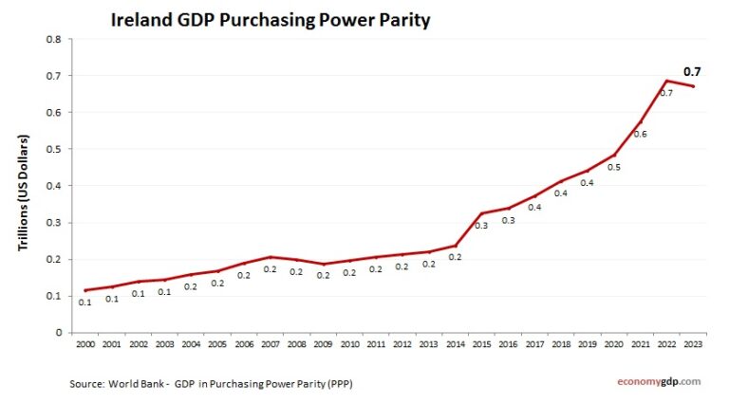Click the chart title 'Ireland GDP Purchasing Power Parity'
pos(271,19)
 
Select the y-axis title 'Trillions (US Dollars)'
pos(26,193)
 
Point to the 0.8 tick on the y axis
pos(54,39)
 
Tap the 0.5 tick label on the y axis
pos(54,149)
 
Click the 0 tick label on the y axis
pos(58,333)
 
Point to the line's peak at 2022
pos(667,81)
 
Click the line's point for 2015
pos(481,213)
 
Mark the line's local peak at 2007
pos(270,257)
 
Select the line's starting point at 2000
pos(85,290)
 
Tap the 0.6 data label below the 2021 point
pos(641,135)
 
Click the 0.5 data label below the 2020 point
pos(614,167)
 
